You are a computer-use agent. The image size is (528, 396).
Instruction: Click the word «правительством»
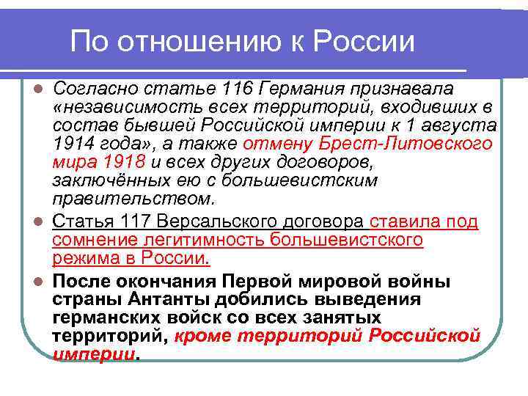(133, 197)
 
